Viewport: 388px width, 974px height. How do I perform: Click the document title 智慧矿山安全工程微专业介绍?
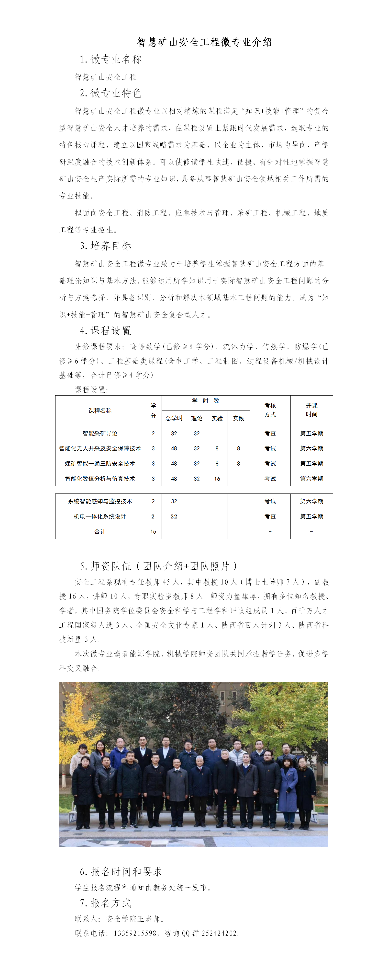[x=204, y=42]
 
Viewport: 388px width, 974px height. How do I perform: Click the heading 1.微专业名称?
[x=111, y=59]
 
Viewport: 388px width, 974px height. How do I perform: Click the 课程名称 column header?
[x=100, y=411]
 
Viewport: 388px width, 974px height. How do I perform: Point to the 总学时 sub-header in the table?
[x=174, y=418]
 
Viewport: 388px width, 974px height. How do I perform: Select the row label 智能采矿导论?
[x=100, y=433]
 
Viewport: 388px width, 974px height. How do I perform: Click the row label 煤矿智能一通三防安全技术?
[x=100, y=464]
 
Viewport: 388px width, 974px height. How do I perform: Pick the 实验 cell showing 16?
[x=217, y=479]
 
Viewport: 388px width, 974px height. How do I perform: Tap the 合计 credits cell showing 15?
[x=153, y=532]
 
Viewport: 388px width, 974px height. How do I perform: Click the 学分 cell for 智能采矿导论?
[x=153, y=433]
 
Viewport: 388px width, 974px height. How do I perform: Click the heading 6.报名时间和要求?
[x=121, y=872]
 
